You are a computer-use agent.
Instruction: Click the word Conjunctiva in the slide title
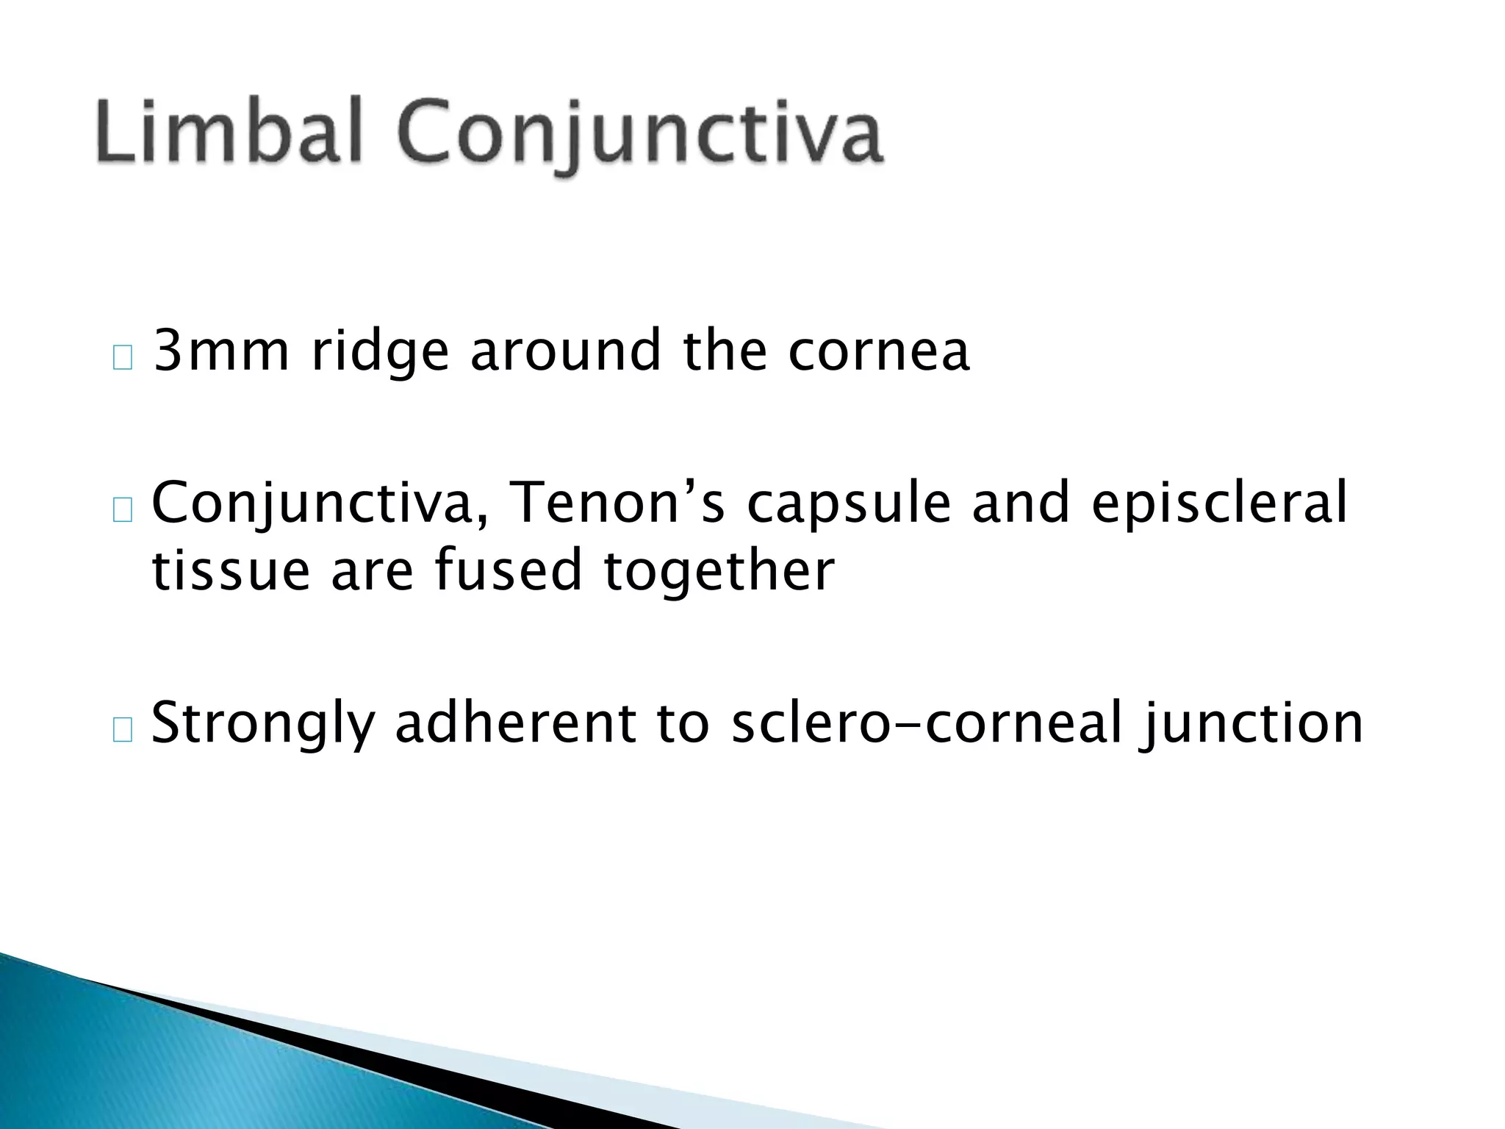639,136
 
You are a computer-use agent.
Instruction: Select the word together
719,572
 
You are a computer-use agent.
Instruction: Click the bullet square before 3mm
123,359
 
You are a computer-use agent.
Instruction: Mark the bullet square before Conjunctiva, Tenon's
123,510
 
